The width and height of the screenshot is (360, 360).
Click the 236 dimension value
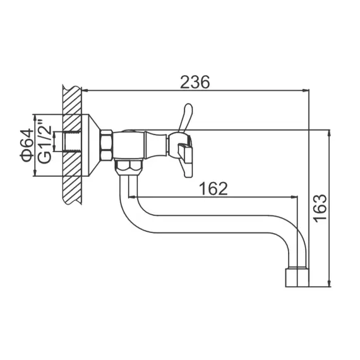point(195,82)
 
